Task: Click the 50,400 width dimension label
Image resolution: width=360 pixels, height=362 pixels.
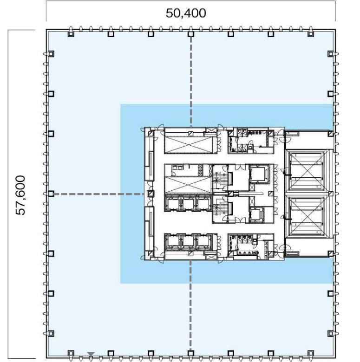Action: pyautogui.click(x=186, y=13)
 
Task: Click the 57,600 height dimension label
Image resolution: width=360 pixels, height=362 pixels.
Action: pyautogui.click(x=20, y=195)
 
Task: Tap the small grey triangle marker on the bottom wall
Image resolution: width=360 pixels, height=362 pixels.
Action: pyautogui.click(x=91, y=354)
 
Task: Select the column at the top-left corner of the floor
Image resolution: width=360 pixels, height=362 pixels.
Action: pyautogui.click(x=71, y=34)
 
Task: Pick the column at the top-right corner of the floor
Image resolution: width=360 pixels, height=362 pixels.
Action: pyautogui.click(x=311, y=34)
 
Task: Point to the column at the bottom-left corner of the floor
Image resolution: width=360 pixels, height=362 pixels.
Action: pyautogui.click(x=71, y=353)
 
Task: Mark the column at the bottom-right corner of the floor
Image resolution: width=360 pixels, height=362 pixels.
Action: pyautogui.click(x=311, y=353)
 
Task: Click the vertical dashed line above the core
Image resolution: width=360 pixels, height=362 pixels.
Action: pyautogui.click(x=191, y=82)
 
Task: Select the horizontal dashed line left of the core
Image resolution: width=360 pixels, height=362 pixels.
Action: pyautogui.click(x=99, y=194)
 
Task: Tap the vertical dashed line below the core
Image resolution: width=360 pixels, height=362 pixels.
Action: pyautogui.click(x=190, y=305)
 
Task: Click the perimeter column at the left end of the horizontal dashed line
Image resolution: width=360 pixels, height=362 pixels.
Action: pyautogui.click(x=51, y=194)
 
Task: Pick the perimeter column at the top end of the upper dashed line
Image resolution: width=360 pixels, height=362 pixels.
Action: pyautogui.click(x=190, y=34)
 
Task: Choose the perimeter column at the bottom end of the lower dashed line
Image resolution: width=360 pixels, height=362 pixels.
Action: pyautogui.click(x=190, y=353)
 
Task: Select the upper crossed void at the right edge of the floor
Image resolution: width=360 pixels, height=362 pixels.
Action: pyautogui.click(x=306, y=171)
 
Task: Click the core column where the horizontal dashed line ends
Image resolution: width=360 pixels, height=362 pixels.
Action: pyautogui.click(x=151, y=194)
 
